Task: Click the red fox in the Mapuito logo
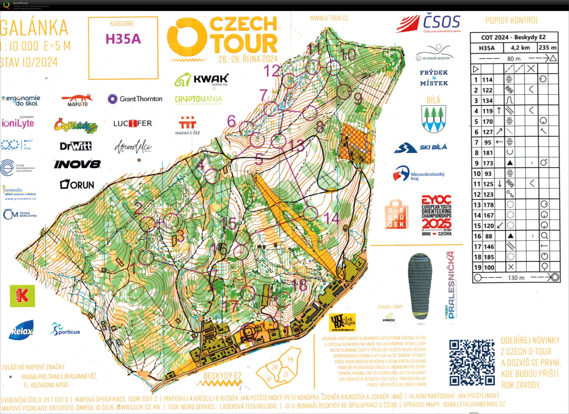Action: (77, 98)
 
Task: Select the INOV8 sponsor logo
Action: (77, 164)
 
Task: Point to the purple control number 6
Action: (231, 121)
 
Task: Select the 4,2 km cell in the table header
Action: (520, 48)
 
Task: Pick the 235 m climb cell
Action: (547, 48)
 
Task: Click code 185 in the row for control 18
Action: (489, 257)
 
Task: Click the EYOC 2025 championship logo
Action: (436, 215)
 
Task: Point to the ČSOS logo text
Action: (441, 22)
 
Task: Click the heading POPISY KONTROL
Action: (512, 20)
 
